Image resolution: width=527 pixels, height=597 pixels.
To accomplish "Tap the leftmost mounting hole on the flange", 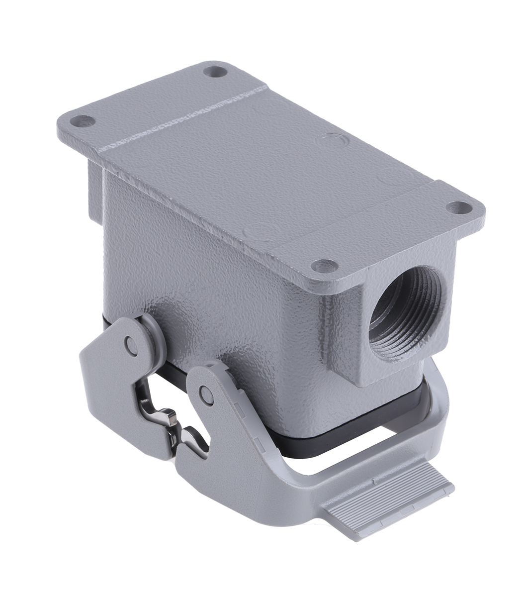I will (x=84, y=121).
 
